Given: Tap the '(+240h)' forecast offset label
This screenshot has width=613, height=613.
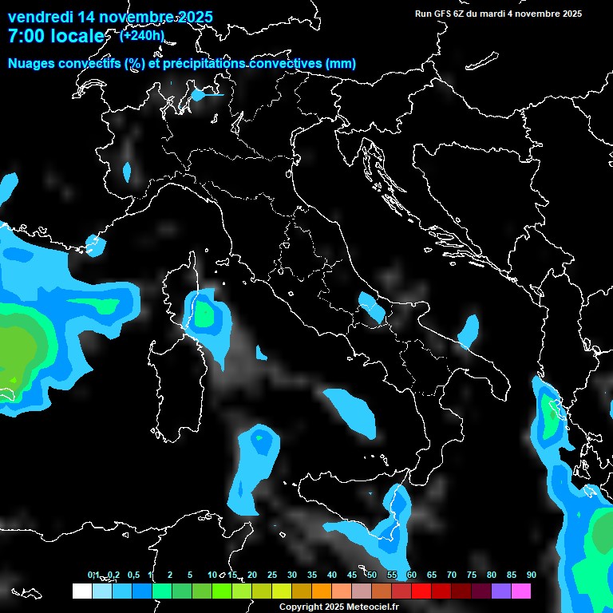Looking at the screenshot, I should [x=142, y=35].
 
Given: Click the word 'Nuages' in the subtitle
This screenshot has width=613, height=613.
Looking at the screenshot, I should [x=31, y=64].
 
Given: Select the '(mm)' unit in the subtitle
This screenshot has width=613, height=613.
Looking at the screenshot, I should [x=341, y=64].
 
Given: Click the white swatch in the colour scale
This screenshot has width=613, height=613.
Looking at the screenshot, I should [x=81, y=591].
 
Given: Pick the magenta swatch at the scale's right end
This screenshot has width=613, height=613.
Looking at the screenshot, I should [x=521, y=591].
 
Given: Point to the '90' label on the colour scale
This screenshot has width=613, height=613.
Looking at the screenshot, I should [x=531, y=575].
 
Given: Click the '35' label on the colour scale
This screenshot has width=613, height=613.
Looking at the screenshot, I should [x=312, y=575].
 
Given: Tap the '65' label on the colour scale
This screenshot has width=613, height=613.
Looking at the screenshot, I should [x=432, y=575].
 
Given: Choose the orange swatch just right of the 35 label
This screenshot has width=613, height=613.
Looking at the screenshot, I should [x=322, y=591].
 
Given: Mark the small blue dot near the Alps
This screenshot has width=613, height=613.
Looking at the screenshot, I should [x=198, y=95].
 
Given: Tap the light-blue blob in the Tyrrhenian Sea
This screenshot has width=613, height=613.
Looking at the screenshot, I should [x=351, y=410].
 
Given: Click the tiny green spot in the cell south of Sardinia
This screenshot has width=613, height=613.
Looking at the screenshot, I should [x=258, y=438].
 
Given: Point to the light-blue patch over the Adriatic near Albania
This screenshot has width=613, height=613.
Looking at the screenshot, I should [x=469, y=330].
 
